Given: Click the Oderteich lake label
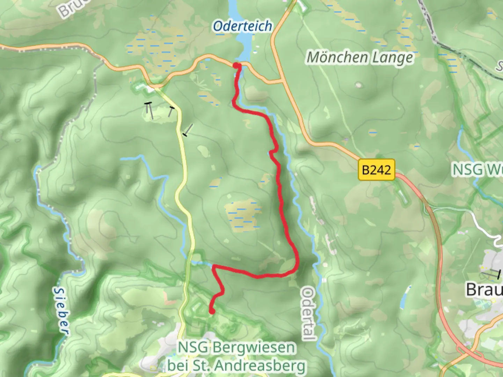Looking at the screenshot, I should point(242,27).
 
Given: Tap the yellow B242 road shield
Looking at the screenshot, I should point(376,170).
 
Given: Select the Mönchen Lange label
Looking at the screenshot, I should point(360,58).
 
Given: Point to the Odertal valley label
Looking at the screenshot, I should point(308,313).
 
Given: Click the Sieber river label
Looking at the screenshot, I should point(61,310).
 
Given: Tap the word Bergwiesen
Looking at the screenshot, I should point(254,348).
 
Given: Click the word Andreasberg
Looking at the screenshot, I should point(260,366).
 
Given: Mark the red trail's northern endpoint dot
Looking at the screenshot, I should point(236,66).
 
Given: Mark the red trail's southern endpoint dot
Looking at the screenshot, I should point(212,311).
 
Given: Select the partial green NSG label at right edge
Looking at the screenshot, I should point(477,170).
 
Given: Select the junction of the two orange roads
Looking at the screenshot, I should point(282,82).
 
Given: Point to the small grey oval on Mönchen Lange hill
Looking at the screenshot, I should point(358,84).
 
